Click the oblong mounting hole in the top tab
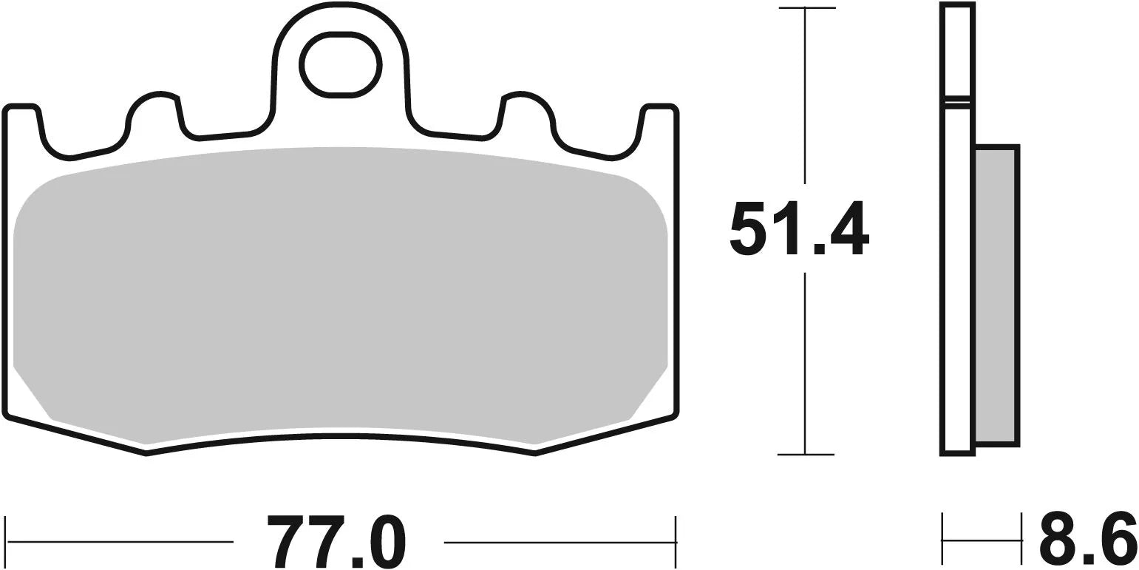[340, 64]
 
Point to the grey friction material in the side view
[996, 296]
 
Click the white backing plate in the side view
[957, 281]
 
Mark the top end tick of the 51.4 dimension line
[806, 9]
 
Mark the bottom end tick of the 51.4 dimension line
[806, 453]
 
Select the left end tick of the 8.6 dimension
[942, 540]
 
